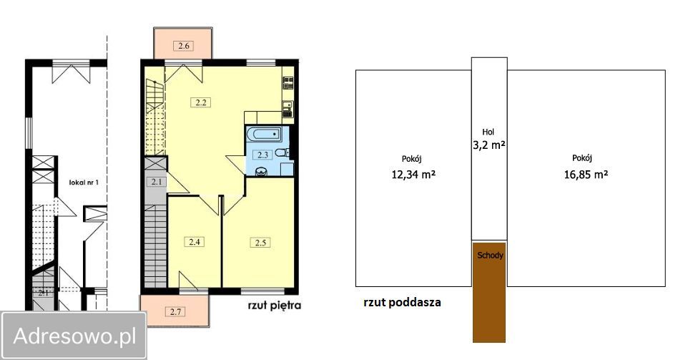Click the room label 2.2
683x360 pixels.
201,102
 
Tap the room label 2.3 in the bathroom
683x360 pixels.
262,154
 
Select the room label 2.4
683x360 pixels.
195,241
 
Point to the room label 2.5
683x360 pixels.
260,242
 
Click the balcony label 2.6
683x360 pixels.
183,46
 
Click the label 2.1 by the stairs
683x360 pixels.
157,182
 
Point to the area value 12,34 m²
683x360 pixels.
412,172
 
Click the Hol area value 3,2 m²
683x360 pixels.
489,145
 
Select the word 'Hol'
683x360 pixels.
488,132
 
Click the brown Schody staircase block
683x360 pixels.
489,293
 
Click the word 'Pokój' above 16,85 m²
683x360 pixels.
583,158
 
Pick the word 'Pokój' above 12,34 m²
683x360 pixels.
411,158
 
